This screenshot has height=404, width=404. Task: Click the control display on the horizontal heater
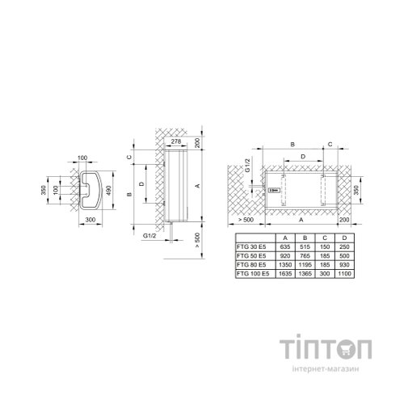[x=274, y=191]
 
